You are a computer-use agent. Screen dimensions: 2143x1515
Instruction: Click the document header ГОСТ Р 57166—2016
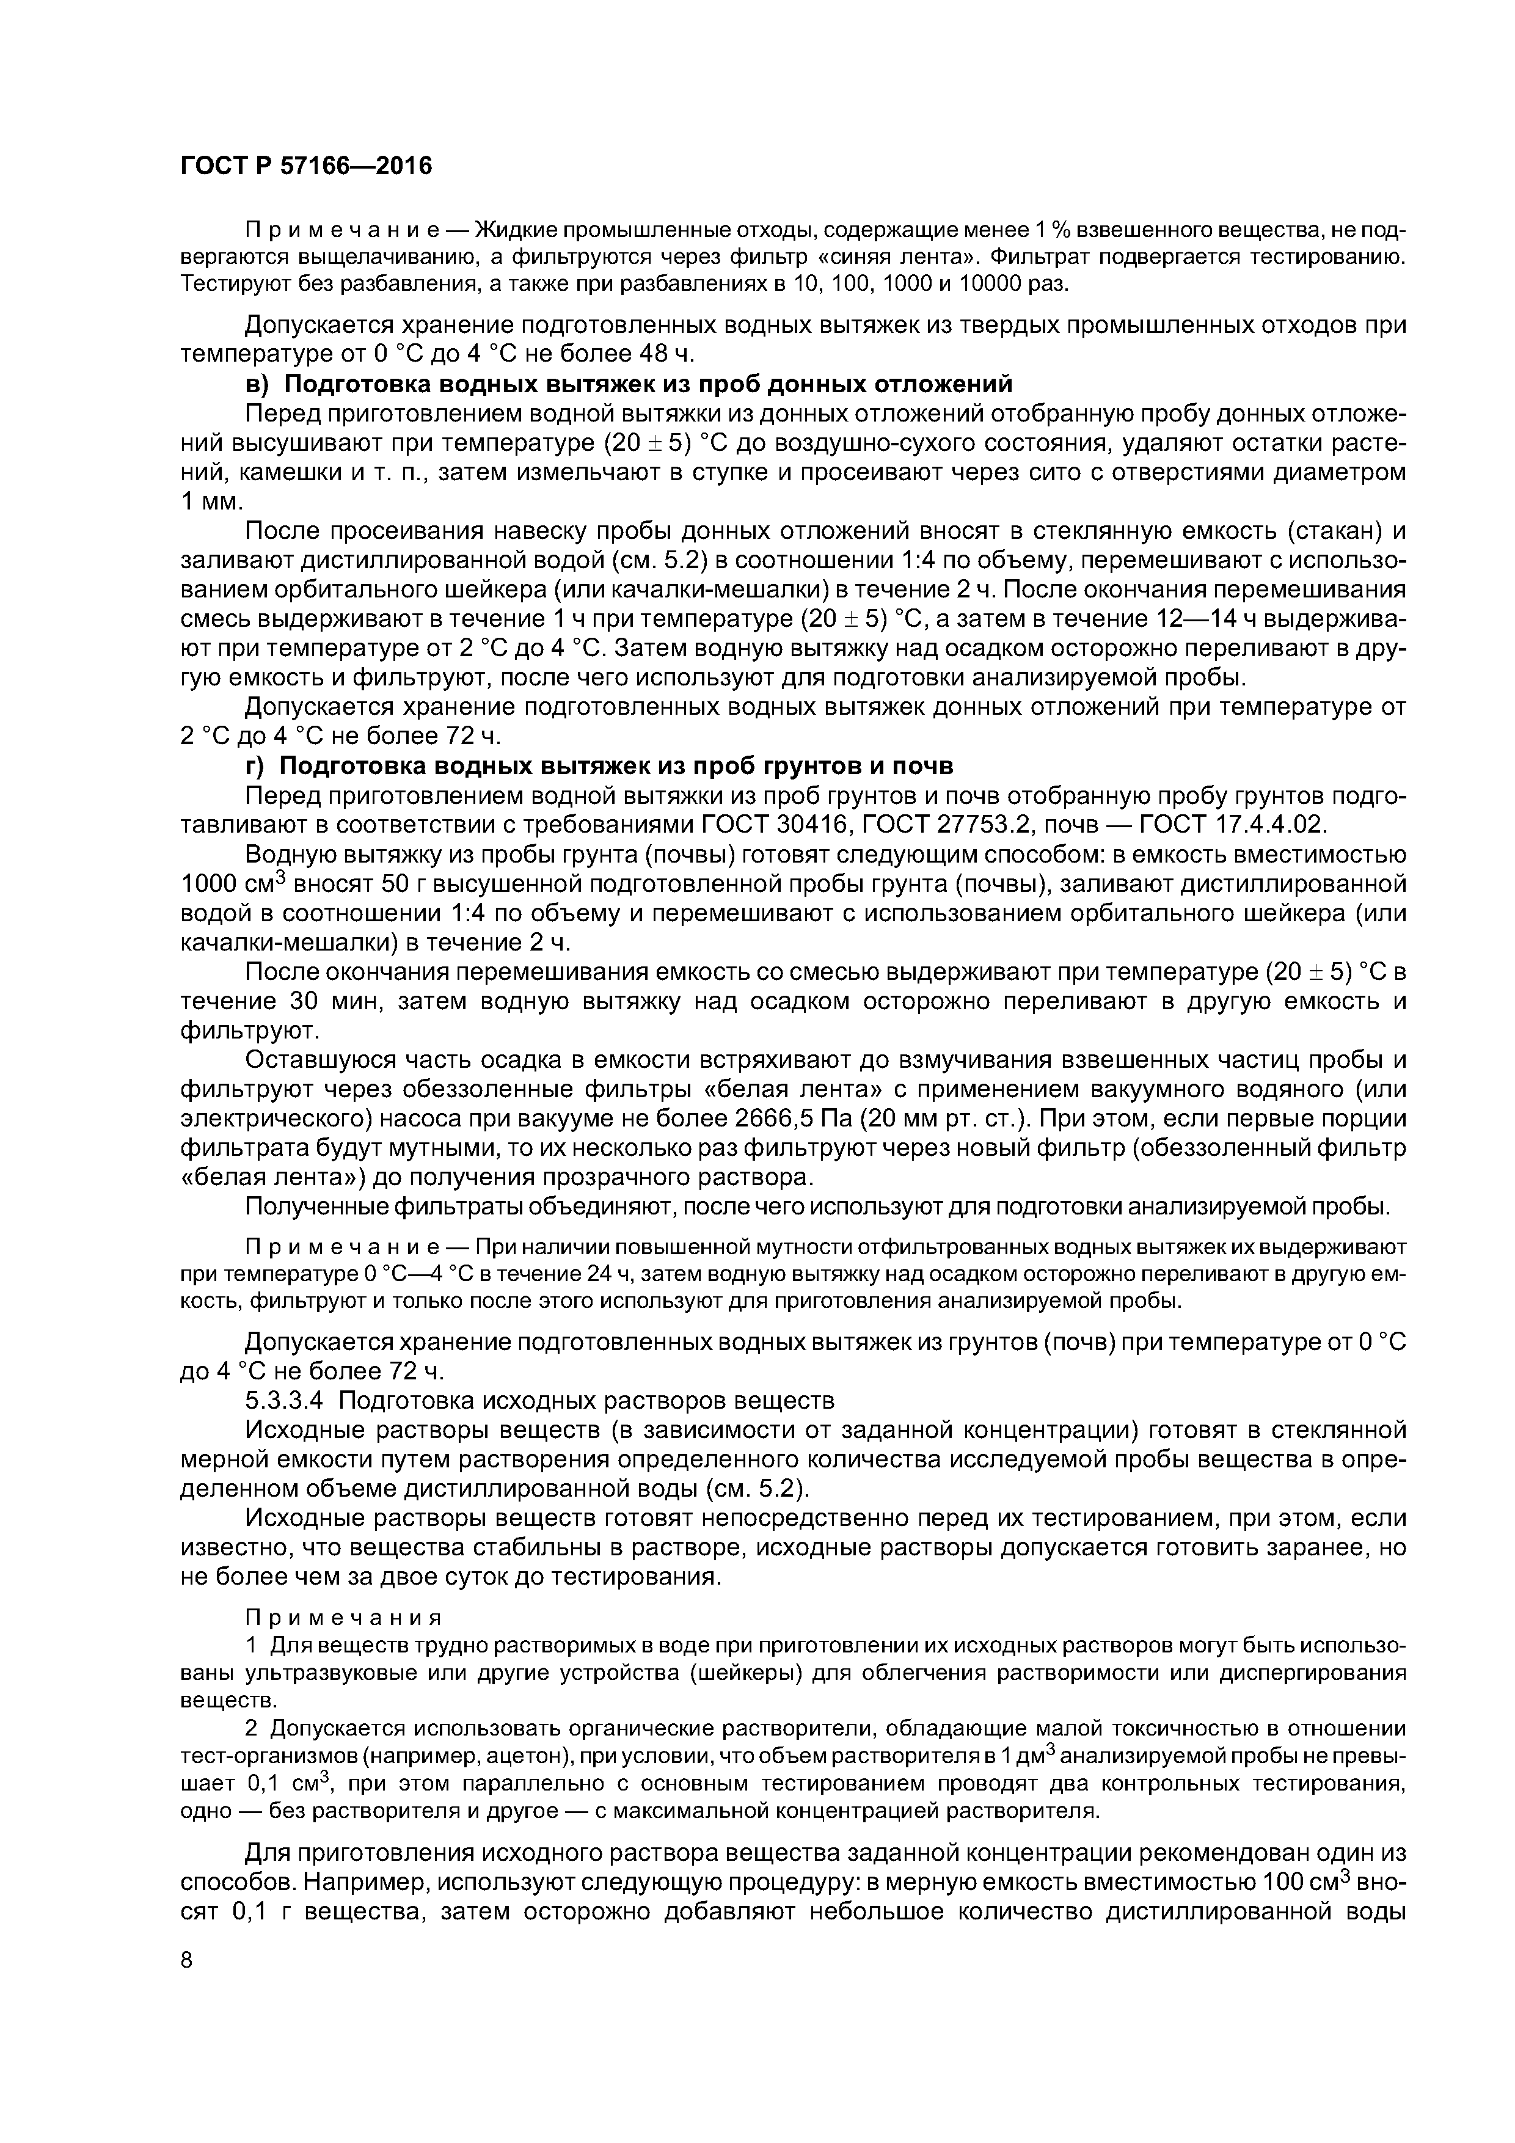click(x=306, y=166)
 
